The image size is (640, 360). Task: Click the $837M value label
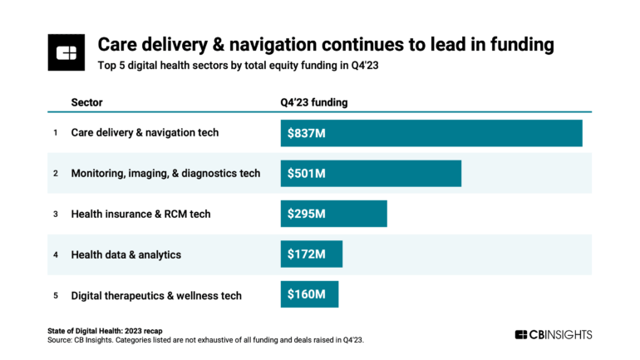coord(308,133)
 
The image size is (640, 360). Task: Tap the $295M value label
coord(308,214)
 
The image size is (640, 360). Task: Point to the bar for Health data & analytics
coord(312,254)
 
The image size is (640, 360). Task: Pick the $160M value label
coord(307,294)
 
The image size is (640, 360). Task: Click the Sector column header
coord(86,102)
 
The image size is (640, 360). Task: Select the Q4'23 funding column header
coord(314,102)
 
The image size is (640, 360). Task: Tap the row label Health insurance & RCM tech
coord(140,214)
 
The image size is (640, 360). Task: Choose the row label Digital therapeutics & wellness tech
coord(156,294)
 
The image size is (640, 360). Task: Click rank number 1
coord(56,133)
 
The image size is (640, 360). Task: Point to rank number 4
coord(56,254)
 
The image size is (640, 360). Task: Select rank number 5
coord(56,294)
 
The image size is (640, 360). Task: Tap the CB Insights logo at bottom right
coord(554,334)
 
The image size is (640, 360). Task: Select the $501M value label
coord(308,174)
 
